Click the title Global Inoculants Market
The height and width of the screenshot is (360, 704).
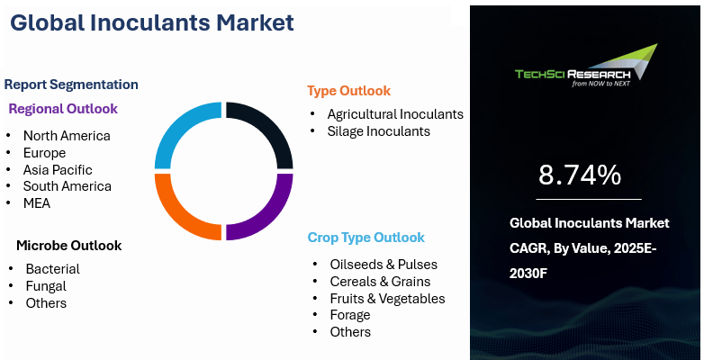(x=152, y=22)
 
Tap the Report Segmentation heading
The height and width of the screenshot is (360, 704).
(x=71, y=85)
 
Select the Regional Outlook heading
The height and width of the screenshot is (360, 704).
(x=63, y=109)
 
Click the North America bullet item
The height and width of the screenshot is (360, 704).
(x=67, y=136)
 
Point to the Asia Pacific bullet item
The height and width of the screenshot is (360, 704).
(x=58, y=170)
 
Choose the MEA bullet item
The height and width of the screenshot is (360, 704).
(x=37, y=203)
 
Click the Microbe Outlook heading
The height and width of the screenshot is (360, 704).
(x=69, y=246)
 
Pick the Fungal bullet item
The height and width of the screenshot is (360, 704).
(x=46, y=286)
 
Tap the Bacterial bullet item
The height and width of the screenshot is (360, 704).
(x=52, y=269)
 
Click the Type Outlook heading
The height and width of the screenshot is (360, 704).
(x=349, y=91)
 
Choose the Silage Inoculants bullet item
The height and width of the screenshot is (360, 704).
(x=378, y=131)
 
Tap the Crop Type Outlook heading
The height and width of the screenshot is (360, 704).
(x=366, y=237)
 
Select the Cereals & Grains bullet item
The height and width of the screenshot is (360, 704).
(x=380, y=282)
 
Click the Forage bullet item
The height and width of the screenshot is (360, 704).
(x=350, y=315)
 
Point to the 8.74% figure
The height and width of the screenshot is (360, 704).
(x=580, y=175)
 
